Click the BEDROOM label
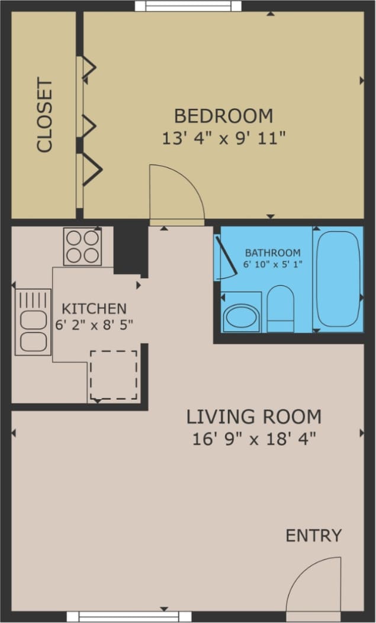point(223,115)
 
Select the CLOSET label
point(45,115)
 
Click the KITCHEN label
point(94,308)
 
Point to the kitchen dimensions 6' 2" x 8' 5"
point(94,324)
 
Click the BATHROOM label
point(272,253)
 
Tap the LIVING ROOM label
point(254,417)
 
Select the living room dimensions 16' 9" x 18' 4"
point(254,438)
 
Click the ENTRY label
point(313,535)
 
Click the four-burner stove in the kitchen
point(82,246)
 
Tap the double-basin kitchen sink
point(33,322)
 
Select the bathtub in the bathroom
point(337,279)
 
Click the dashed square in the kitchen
point(113,375)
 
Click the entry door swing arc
point(314,584)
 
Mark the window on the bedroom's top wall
point(188,6)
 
